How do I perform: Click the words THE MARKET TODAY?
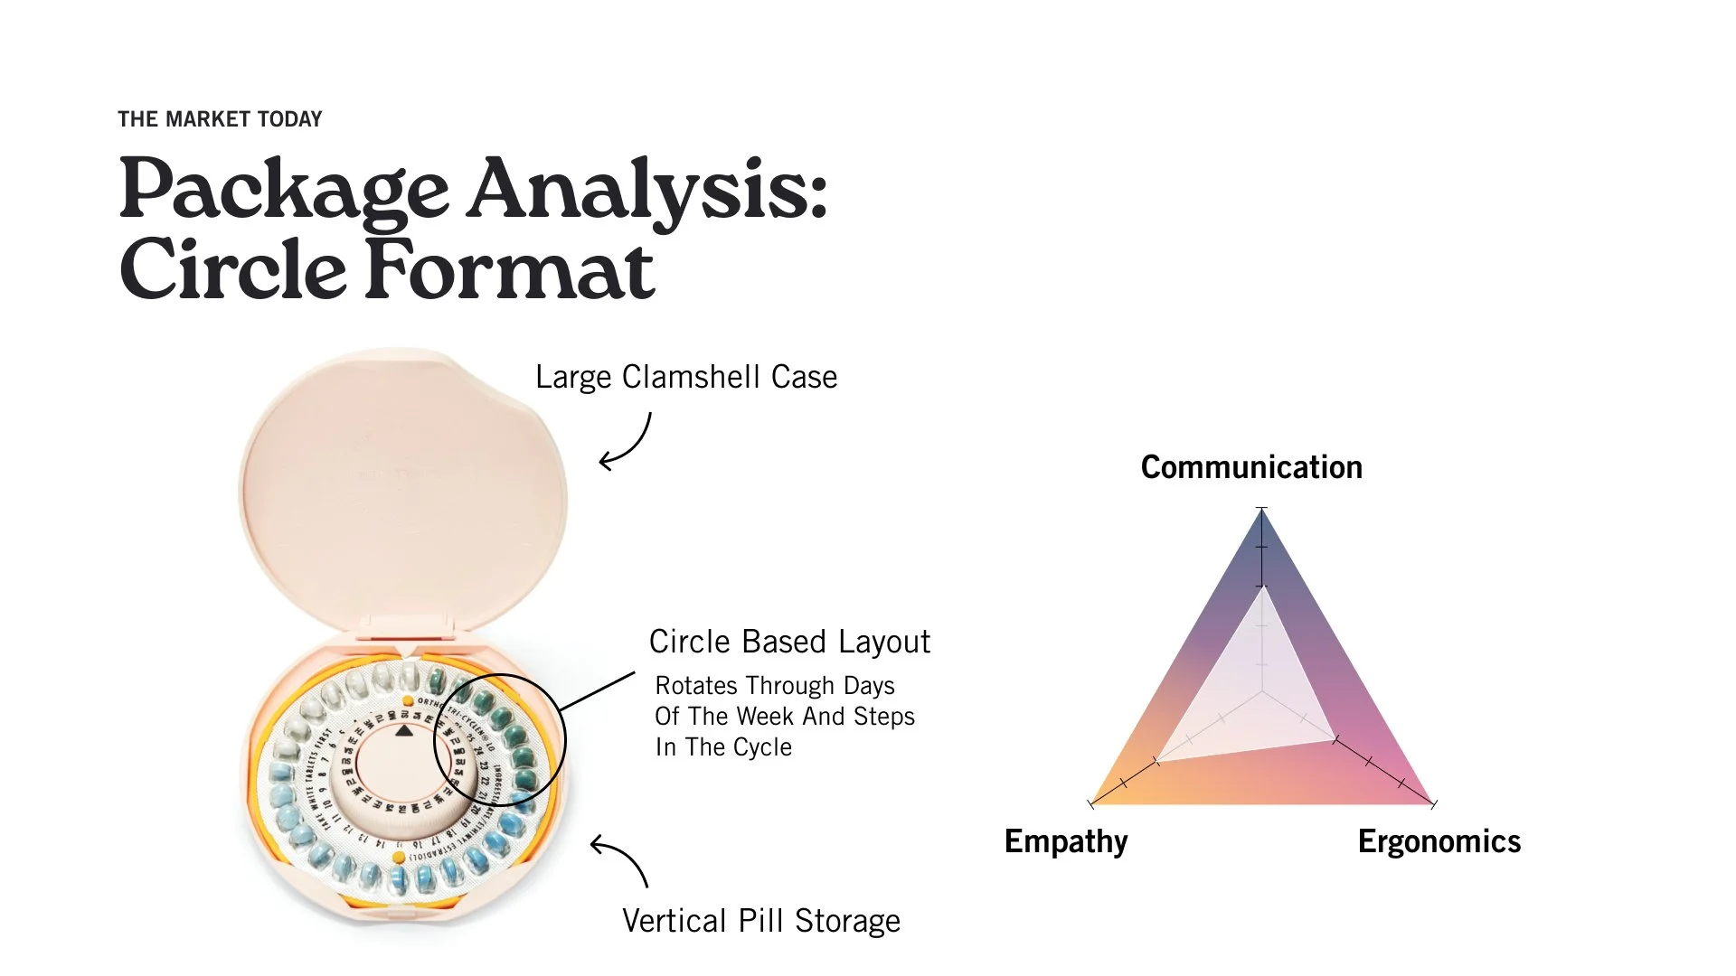(x=220, y=119)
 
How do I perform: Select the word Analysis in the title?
(x=647, y=189)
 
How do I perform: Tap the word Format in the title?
(x=510, y=269)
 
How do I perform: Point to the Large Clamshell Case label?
(x=686, y=377)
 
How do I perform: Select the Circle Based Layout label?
(x=789, y=642)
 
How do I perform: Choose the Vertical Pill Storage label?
(x=761, y=921)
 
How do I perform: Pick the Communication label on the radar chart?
(x=1251, y=467)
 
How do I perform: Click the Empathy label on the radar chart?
(x=1066, y=841)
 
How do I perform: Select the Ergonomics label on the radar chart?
(x=1439, y=841)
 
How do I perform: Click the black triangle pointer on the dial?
(x=404, y=730)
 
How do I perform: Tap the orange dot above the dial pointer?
(x=408, y=701)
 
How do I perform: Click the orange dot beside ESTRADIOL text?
(x=399, y=857)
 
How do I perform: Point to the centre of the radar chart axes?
(x=1262, y=693)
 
